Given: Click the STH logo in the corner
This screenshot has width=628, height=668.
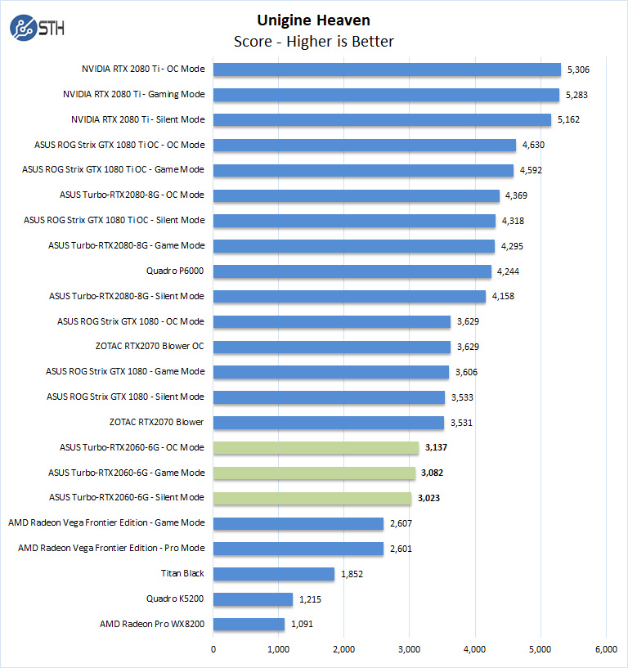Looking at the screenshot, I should [x=37, y=28].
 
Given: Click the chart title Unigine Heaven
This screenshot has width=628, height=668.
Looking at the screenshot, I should [x=314, y=20].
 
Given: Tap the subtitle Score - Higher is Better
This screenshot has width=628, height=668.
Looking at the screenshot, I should [x=314, y=41].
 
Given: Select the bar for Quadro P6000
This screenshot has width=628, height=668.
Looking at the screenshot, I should [x=352, y=271].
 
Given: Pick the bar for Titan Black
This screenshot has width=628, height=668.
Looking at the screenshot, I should [x=274, y=574].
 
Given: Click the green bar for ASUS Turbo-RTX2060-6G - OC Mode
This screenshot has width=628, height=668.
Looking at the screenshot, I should [x=316, y=447].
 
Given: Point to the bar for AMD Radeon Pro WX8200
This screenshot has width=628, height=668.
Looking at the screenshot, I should [x=249, y=625].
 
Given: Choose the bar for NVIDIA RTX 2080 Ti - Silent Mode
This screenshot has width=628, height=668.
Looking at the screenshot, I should [x=383, y=120].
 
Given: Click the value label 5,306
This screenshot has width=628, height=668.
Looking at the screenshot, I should [x=580, y=69].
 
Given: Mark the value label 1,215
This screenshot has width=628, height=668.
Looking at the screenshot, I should [x=312, y=599].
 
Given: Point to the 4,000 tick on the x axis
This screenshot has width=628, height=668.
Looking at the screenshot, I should [x=475, y=649].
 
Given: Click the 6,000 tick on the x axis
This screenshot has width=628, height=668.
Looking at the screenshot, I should [x=606, y=649].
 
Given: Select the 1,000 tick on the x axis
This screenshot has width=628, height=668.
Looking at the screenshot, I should [x=279, y=649].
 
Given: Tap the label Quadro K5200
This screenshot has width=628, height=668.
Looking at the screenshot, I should [x=175, y=599].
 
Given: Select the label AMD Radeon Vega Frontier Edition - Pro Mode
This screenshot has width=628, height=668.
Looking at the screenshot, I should [x=111, y=549].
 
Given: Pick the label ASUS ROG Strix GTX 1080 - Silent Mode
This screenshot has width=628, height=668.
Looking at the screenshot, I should [x=125, y=397].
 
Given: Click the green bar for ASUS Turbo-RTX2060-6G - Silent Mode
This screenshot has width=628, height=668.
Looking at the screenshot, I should [x=312, y=498].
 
